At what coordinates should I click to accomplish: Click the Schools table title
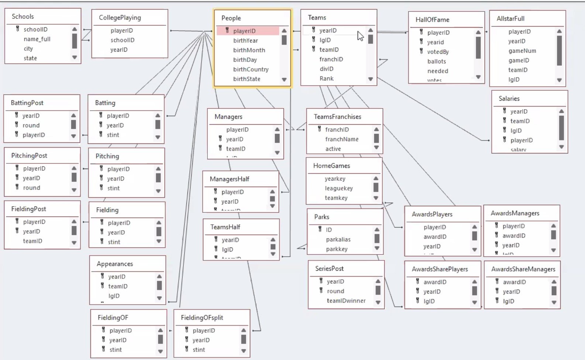pos(23,17)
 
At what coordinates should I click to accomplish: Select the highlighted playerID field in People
pos(244,31)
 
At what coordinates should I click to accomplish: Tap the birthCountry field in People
pos(251,69)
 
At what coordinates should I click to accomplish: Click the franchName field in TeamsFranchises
pos(342,139)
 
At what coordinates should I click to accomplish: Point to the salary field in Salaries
pos(518,149)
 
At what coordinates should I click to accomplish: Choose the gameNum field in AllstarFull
pos(522,51)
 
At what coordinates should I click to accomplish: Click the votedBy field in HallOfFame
pos(438,52)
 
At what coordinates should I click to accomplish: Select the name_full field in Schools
pos(37,39)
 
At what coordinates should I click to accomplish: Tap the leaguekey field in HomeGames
pos(339,188)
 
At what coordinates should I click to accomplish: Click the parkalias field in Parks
pos(338,239)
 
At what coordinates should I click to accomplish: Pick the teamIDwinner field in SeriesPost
pos(346,301)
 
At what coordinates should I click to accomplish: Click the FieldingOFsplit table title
pos(202,318)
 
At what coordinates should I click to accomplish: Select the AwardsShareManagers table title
pos(523,269)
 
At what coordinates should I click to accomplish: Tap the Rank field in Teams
pos(326,79)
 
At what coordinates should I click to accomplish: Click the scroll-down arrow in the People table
pos(284,79)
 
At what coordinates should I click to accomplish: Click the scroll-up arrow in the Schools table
pos(75,29)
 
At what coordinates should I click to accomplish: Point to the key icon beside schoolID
pos(17,29)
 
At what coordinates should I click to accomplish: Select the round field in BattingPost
pos(31,125)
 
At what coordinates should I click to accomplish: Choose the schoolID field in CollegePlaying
pos(122,40)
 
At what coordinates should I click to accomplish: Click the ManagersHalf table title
pos(229,179)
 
